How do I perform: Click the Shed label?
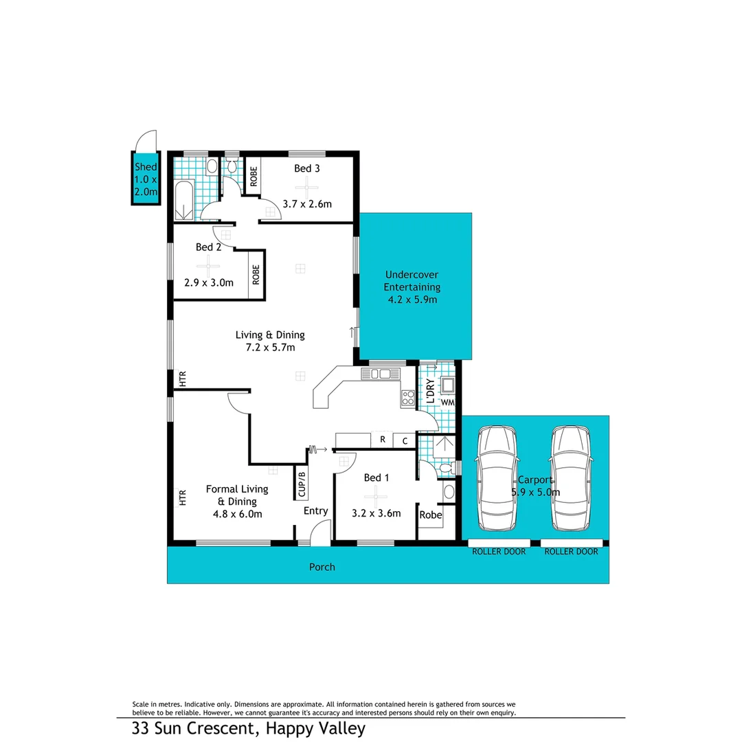145,167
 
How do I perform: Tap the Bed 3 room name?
307,168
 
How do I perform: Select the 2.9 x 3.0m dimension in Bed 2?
209,282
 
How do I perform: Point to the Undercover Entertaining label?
412,281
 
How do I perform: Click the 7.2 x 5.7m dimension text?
270,348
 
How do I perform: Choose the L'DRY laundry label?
429,390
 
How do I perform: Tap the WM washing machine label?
447,401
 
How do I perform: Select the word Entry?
316,511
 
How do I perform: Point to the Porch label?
322,567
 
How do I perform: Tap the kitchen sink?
381,374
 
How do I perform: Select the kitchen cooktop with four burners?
408,397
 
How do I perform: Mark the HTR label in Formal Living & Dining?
183,497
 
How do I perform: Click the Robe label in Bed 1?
430,515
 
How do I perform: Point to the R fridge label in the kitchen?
382,440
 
